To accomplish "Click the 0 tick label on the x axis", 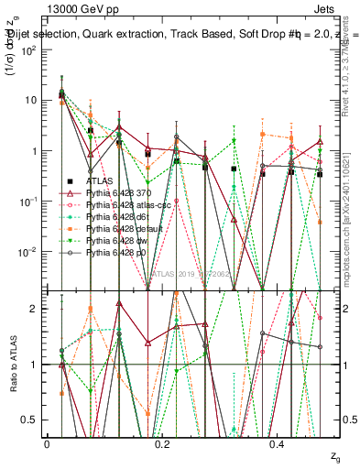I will [x=47, y=442].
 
